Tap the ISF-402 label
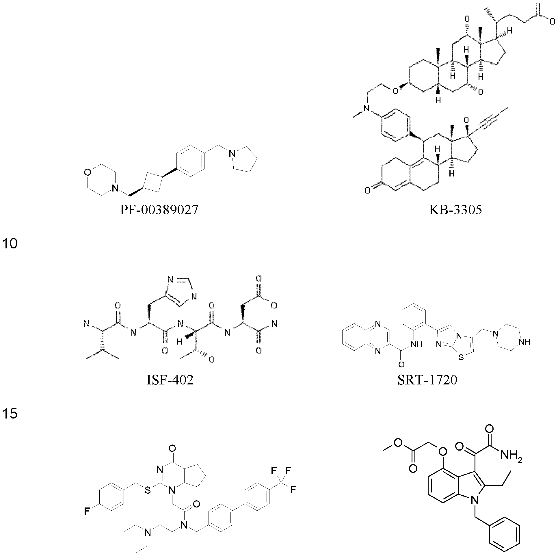point(170,380)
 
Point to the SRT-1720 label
point(427,380)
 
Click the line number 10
point(10,243)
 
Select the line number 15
point(10,413)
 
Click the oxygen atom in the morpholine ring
point(88,172)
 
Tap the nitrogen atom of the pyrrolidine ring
point(231,154)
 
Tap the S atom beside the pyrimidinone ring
point(148,491)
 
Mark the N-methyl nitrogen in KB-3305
point(367,109)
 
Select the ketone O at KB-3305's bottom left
point(367,191)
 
